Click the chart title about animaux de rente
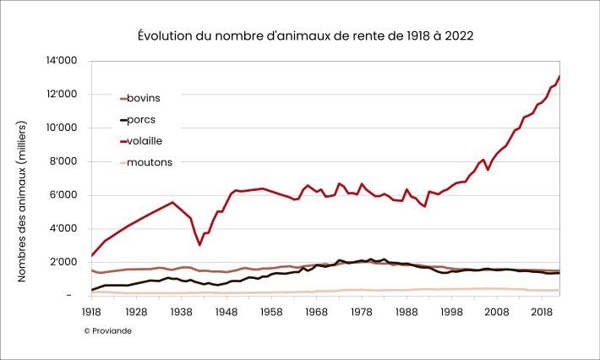pyautogui.click(x=305, y=36)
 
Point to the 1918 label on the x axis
pyautogui.click(x=91, y=312)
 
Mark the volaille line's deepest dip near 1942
pyautogui.click(x=199, y=245)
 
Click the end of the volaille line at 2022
pyautogui.click(x=559, y=77)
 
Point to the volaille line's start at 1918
pyautogui.click(x=91, y=255)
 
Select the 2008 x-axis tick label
pyautogui.click(x=497, y=312)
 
